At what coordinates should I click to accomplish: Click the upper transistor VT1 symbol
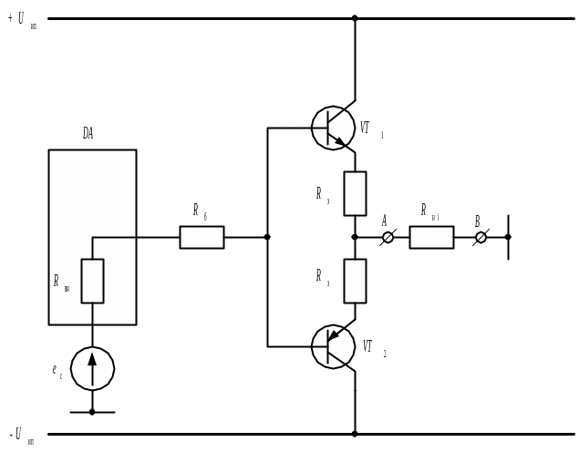point(333,128)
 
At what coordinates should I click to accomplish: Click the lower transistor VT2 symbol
point(333,345)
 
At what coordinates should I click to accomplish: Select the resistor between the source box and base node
point(202,237)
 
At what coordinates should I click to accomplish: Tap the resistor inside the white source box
point(92,281)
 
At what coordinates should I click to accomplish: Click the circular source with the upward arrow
point(92,368)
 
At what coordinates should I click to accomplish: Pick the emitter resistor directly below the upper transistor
point(355,193)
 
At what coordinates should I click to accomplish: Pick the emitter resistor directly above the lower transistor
point(355,281)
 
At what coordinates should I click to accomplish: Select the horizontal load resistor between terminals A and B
point(431,237)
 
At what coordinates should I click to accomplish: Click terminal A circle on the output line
point(388,237)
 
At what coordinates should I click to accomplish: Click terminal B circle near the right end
point(481,237)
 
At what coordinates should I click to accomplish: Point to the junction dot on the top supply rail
point(355,18)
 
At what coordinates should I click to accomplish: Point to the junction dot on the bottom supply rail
point(355,434)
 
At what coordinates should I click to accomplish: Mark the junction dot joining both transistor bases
point(267,237)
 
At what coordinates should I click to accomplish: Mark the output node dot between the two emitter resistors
point(355,237)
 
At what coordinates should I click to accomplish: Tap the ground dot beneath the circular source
point(92,412)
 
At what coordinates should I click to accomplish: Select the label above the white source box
point(88,135)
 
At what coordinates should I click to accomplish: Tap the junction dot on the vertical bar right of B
point(508,237)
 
